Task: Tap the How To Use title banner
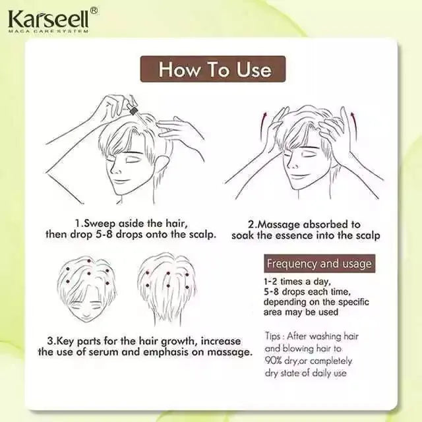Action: (214, 69)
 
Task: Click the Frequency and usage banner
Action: (319, 264)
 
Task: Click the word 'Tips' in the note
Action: (274, 336)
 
